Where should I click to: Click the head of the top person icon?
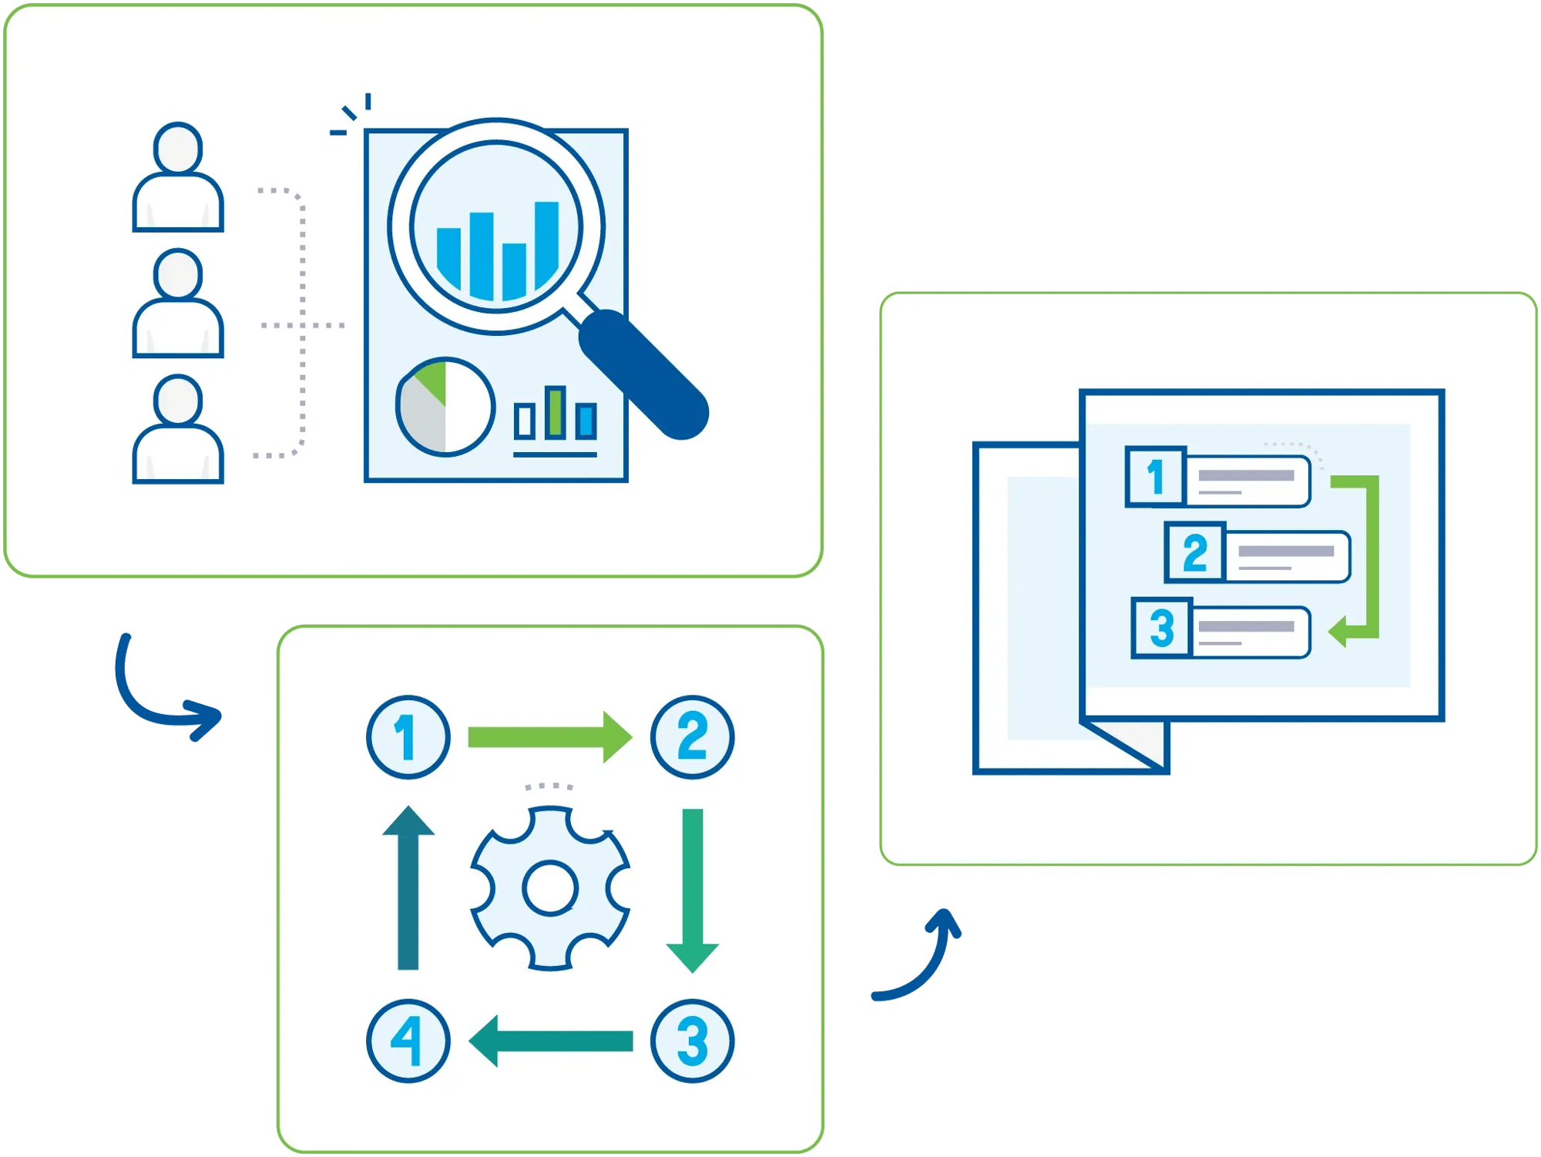point(178,148)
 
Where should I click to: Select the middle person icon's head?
point(178,274)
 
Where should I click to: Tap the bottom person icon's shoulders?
point(178,459)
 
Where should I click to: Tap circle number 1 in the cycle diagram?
point(408,737)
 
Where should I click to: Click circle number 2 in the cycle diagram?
point(692,737)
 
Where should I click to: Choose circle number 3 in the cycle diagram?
point(692,1041)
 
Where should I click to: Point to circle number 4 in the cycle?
point(408,1041)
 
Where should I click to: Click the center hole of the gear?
point(550,888)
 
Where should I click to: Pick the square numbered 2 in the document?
point(1194,552)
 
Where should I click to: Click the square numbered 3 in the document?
point(1162,628)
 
